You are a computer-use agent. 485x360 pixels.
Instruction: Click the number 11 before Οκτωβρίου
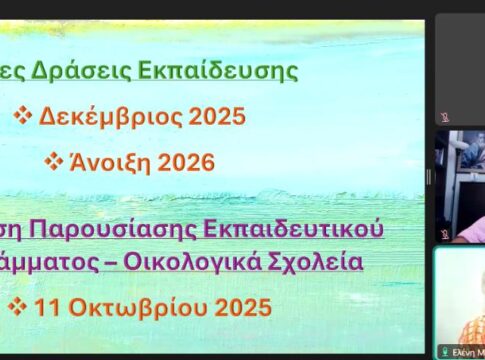click(x=47, y=307)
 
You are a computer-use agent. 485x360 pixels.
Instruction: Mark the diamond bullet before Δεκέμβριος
click(x=23, y=116)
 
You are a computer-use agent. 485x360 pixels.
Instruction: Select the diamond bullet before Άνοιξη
click(x=54, y=162)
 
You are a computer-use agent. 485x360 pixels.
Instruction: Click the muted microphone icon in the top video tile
click(x=444, y=116)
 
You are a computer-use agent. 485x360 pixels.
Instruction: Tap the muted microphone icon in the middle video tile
click(x=444, y=234)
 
